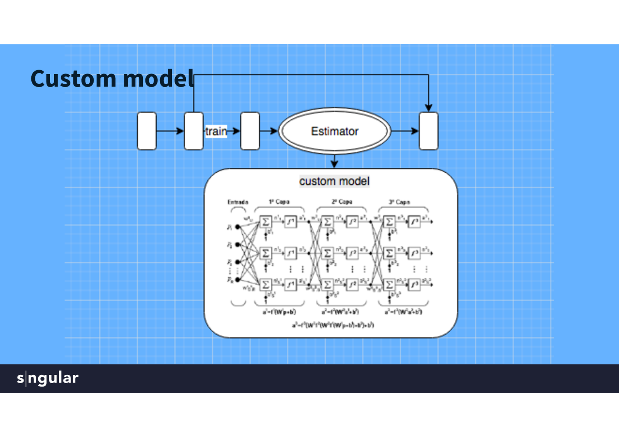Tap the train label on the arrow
(x=216, y=131)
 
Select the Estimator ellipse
(x=335, y=131)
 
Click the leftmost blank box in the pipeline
(x=147, y=131)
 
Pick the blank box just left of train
(x=194, y=131)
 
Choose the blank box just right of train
(x=250, y=131)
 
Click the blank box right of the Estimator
(x=429, y=131)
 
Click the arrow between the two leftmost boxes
(x=170, y=131)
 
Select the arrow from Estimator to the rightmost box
(x=405, y=131)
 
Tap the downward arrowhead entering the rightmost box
(x=428, y=107)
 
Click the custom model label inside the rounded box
(x=334, y=181)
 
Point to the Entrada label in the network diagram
(x=238, y=202)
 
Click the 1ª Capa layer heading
(x=279, y=202)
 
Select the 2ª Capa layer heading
(x=342, y=202)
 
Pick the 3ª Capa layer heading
(x=399, y=202)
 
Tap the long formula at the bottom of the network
(x=333, y=325)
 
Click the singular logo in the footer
(x=48, y=378)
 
